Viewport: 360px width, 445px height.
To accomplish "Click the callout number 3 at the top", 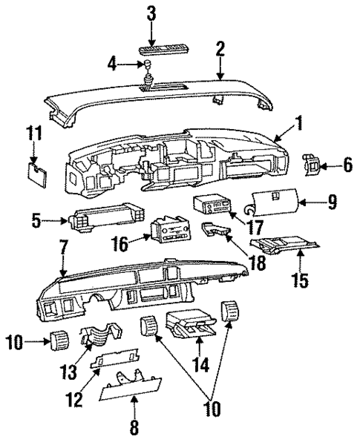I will pos(151,13).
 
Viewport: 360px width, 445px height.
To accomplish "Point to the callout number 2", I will pos(219,49).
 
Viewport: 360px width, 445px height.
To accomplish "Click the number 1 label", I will pos(298,125).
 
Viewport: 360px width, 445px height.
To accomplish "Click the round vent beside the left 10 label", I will pos(56,342).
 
